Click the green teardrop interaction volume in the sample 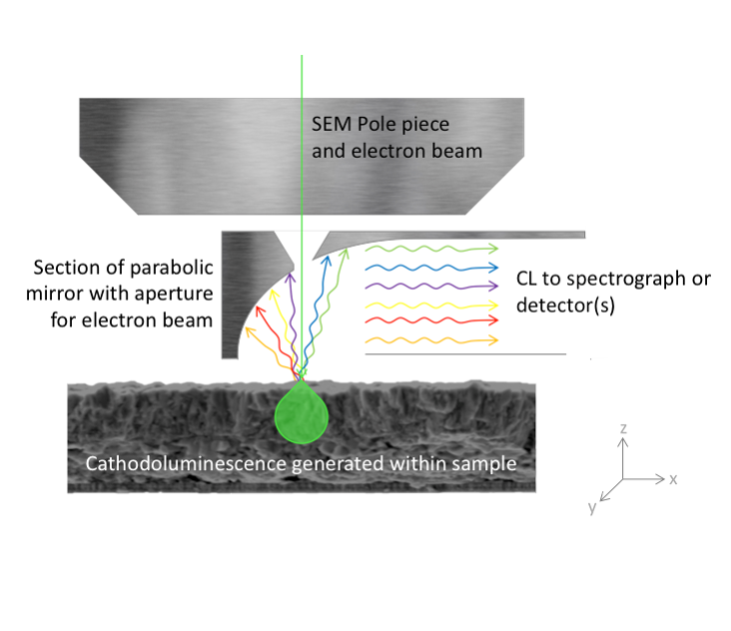tap(301, 417)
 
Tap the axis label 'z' tap(623, 428)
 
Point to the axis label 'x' tap(674, 479)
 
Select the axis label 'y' tap(592, 507)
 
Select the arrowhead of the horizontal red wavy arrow tap(496, 321)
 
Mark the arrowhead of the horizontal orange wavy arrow tap(496, 340)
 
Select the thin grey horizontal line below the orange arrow tap(465, 353)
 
